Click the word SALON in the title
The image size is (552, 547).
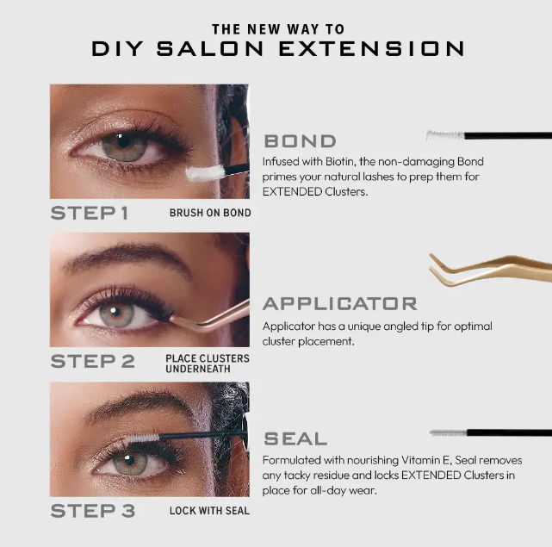coord(210,48)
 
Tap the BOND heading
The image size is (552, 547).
coord(300,141)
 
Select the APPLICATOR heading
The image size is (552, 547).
coord(340,303)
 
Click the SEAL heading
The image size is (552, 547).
coord(295,438)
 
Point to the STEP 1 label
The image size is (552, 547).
coord(90,213)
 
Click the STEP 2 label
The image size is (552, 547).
coord(93,362)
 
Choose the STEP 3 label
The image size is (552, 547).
coord(93,511)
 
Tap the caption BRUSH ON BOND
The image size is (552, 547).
coord(210,213)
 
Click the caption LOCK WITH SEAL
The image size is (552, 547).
coord(209,511)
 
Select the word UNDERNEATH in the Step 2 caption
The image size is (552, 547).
coord(198,369)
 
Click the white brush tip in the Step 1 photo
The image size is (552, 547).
coord(205,172)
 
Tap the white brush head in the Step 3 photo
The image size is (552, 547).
coord(142,438)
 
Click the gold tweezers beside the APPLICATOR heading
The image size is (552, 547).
coord(490,270)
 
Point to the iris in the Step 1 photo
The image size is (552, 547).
coord(124,145)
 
